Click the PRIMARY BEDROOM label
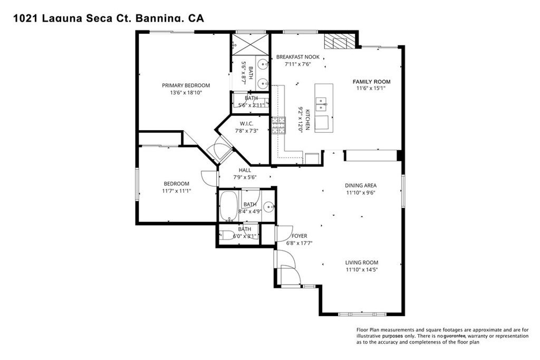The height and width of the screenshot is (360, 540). pyautogui.click(x=186, y=85)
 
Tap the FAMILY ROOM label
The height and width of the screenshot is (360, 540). pyautogui.click(x=372, y=82)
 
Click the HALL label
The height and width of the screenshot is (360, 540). pyautogui.click(x=245, y=170)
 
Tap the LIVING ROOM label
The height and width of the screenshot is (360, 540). pyautogui.click(x=362, y=262)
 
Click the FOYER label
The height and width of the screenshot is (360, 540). pyautogui.click(x=299, y=236)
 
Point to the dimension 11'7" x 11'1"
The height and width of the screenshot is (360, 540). pyautogui.click(x=177, y=191)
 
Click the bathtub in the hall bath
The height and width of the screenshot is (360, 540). pyautogui.click(x=229, y=207)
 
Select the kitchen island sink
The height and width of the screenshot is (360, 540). pyautogui.click(x=321, y=101)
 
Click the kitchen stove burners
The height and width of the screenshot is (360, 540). pyautogui.click(x=278, y=127)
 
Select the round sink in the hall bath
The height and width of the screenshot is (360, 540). pyautogui.click(x=268, y=207)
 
